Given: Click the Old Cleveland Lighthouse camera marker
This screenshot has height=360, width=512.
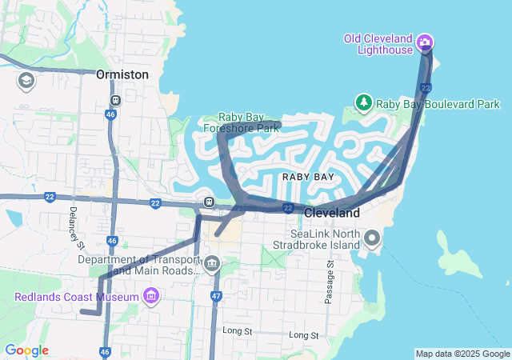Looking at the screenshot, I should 425,42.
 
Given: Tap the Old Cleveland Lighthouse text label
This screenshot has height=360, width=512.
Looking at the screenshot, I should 378,44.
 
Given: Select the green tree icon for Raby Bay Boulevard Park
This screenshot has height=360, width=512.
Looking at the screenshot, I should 364,103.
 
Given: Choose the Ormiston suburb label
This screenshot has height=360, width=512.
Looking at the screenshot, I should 122,74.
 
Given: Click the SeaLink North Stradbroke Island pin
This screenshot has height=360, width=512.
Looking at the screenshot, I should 372,238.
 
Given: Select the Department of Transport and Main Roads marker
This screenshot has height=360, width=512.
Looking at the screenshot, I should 212,263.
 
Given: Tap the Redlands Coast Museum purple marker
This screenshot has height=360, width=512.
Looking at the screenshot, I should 150,298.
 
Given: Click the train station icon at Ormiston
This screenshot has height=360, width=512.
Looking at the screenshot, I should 116,101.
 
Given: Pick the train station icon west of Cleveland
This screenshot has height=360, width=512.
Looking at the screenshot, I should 209,202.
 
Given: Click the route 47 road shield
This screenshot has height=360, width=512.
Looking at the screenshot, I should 216,296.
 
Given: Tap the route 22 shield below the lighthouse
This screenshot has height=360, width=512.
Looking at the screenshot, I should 426,86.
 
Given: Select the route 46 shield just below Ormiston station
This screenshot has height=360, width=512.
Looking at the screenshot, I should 109,115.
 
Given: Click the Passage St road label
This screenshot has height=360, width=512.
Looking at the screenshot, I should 329,281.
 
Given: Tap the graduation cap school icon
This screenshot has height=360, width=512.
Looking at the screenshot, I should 26,81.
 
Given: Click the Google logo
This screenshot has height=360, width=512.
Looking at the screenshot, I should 26,350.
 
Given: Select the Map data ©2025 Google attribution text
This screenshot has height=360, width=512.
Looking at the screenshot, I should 462,354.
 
